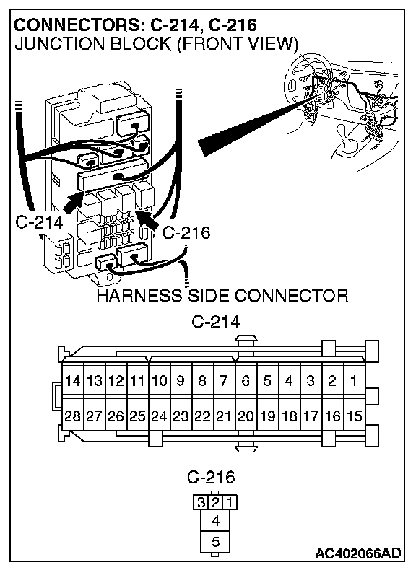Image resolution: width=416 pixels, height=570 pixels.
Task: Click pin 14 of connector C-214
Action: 73,381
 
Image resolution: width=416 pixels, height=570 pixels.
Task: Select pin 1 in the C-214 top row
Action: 354,381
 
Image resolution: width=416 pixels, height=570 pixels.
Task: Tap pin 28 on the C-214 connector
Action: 73,416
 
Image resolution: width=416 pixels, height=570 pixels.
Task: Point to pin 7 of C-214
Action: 224,381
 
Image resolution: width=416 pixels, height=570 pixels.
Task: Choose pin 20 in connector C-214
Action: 246,416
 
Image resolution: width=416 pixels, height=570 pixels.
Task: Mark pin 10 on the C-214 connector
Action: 160,381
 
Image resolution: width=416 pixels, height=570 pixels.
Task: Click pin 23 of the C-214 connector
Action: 181,416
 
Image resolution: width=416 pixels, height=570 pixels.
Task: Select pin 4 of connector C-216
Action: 215,521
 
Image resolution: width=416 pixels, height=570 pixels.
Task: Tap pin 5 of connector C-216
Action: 215,542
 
